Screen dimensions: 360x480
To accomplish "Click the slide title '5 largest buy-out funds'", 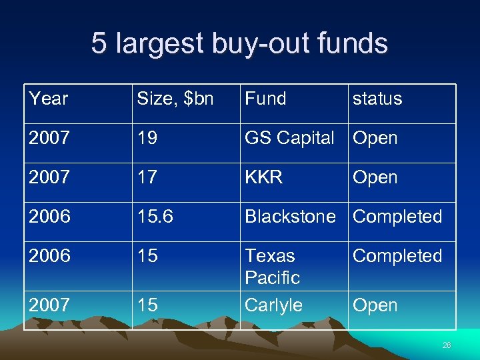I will [239, 44].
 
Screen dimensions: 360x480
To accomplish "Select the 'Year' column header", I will [49, 99].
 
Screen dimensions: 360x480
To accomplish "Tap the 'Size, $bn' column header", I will [175, 99].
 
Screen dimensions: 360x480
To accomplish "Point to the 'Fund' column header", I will [265, 99].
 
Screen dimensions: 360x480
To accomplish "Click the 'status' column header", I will [377, 99].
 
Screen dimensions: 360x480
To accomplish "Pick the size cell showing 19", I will [148, 138].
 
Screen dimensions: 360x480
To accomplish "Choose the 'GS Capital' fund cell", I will [289, 138].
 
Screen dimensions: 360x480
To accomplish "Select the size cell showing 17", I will [148, 177].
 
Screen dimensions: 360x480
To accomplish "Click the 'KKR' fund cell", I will [264, 177].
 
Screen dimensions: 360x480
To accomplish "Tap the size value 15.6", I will [156, 217].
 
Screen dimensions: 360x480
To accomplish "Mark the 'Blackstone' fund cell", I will [290, 217].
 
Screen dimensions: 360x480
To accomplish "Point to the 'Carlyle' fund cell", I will [273, 305].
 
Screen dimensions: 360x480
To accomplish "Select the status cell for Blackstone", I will [397, 217].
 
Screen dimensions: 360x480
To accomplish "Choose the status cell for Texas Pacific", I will [397, 256].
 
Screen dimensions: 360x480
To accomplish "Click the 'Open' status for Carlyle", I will [375, 305].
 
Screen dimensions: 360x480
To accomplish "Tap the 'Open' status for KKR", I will [375, 177].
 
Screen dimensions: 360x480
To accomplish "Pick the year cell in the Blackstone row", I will [49, 217].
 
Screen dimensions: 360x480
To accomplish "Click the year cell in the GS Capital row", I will [49, 138].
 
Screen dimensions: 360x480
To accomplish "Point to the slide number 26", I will [446, 345].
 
